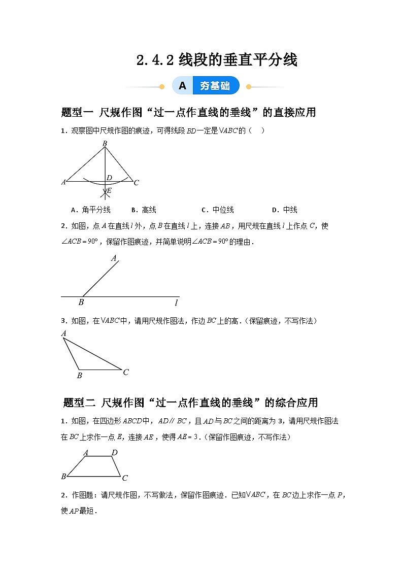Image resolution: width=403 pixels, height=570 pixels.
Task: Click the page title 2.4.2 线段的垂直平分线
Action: coord(217,60)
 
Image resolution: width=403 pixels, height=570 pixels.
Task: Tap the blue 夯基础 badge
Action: coord(215,86)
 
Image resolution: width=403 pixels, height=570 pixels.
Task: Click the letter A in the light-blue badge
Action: coord(183,86)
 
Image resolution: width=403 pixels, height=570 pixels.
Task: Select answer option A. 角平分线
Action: coord(90,210)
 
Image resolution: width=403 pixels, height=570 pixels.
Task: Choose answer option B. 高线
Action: coord(144,210)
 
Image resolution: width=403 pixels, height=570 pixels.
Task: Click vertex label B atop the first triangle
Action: coord(105,144)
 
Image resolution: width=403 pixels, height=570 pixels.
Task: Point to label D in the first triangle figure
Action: coord(109,178)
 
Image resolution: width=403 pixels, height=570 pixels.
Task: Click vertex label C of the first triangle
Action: coord(136,183)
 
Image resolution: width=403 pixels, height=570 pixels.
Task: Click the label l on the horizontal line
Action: coord(176,303)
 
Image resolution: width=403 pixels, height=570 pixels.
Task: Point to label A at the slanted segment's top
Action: coord(114,258)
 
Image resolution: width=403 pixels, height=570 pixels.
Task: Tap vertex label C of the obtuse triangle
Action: coord(126,372)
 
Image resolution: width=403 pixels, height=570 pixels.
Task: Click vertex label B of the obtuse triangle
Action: coord(79,376)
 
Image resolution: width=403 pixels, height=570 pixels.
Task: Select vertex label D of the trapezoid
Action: coord(115,452)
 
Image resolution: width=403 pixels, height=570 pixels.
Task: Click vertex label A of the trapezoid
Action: coord(86,453)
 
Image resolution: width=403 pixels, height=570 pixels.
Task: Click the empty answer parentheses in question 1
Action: coord(256,130)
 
